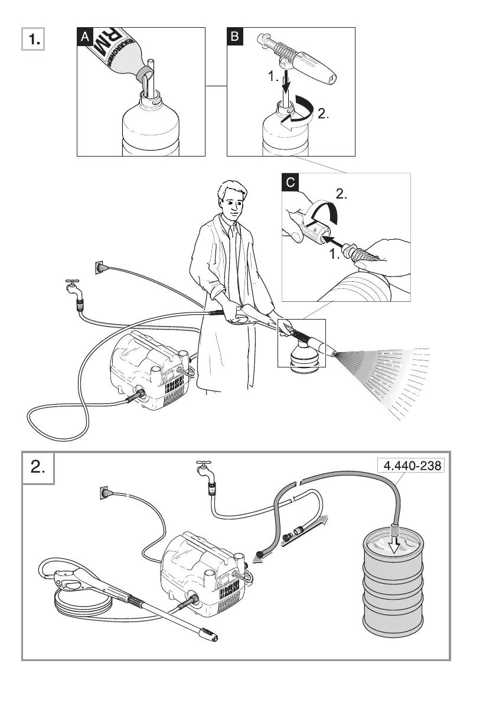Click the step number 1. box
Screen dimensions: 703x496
point(34,40)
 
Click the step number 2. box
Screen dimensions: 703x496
point(38,468)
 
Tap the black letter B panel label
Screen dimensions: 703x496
point(235,37)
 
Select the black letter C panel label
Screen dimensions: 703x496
point(291,183)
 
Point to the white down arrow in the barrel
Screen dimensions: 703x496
point(393,539)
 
